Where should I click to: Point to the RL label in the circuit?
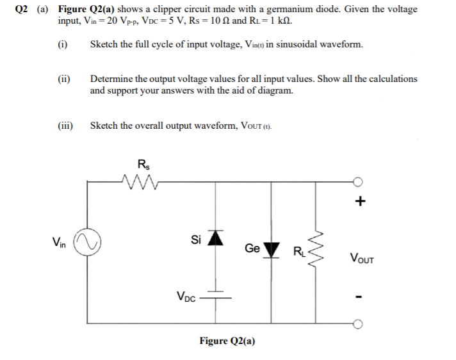tap(300, 250)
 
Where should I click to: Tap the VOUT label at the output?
tap(362, 259)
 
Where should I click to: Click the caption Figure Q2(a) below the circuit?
tap(227, 341)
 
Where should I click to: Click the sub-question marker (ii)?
tap(63, 79)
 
